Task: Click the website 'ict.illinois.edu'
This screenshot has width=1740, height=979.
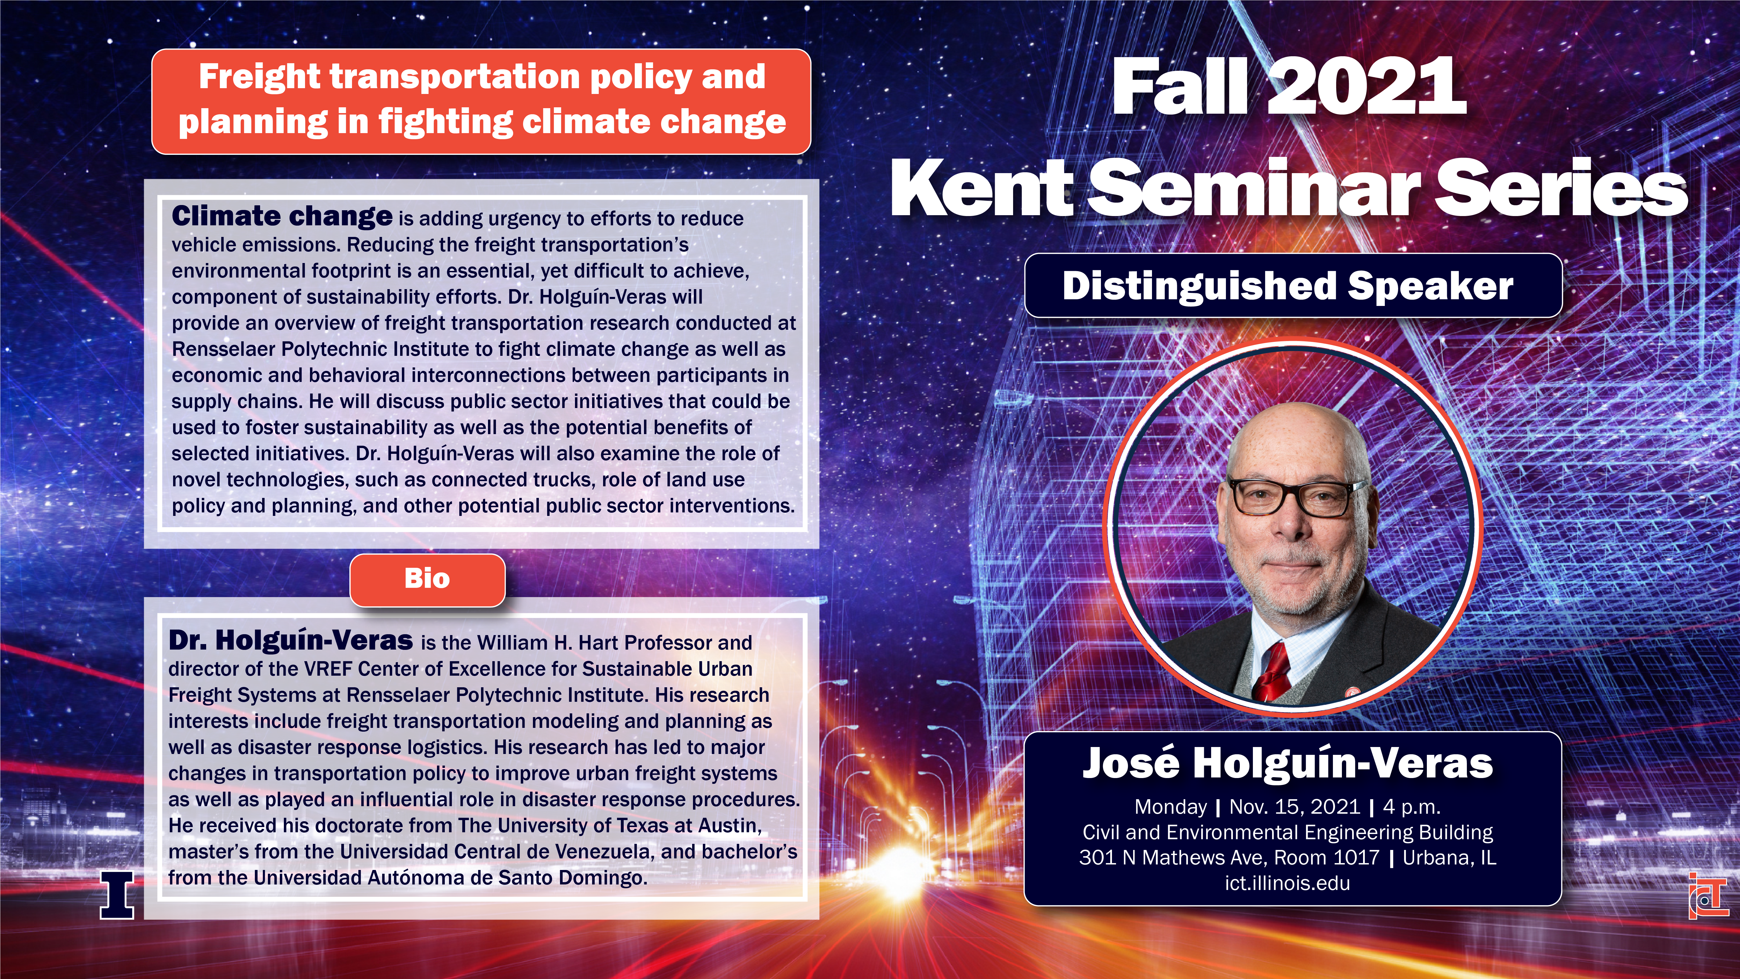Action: coord(1287,883)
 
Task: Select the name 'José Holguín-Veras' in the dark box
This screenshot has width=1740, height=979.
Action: coord(1287,764)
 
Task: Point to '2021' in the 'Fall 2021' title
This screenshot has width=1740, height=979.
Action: coord(1366,86)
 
